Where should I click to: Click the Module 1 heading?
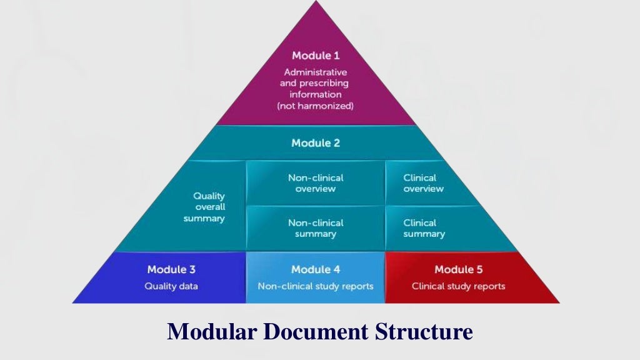click(x=315, y=56)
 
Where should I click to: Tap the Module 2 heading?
click(x=315, y=143)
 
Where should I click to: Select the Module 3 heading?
click(x=171, y=270)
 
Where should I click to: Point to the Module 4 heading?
click(x=315, y=270)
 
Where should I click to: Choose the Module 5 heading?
click(x=458, y=270)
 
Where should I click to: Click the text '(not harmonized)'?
click(x=315, y=106)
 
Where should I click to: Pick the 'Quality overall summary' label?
click(x=208, y=207)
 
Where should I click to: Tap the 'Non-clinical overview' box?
click(x=315, y=183)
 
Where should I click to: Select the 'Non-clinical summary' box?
click(x=315, y=228)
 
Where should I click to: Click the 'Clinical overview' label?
click(x=423, y=183)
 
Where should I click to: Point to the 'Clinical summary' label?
click(x=424, y=228)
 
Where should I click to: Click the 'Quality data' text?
click(x=171, y=286)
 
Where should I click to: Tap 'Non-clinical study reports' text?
click(x=315, y=286)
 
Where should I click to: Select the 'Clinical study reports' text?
click(x=458, y=286)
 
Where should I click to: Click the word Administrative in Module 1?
click(x=315, y=72)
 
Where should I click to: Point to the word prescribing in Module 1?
click(x=327, y=83)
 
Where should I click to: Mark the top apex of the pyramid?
click(x=315, y=2)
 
